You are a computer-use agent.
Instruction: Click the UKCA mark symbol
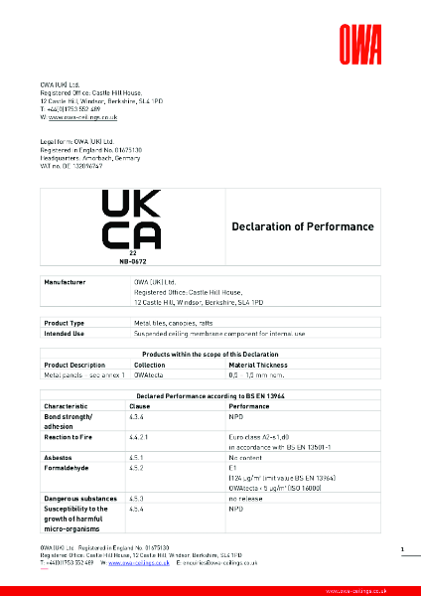(131, 220)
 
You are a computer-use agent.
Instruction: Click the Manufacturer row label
(66, 283)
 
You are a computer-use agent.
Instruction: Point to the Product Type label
(65, 324)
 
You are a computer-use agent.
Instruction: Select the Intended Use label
(65, 333)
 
